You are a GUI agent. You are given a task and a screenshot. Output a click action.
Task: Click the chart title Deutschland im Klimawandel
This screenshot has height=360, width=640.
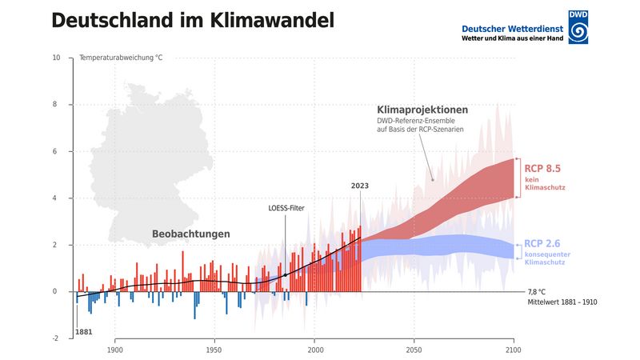pos(193,22)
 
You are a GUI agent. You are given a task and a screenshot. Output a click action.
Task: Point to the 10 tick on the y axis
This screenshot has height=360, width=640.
pos(55,58)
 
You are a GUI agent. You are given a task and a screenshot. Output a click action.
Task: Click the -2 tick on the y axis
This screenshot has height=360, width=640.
pos(55,338)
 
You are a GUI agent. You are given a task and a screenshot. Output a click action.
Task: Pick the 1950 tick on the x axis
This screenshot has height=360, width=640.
pos(214,350)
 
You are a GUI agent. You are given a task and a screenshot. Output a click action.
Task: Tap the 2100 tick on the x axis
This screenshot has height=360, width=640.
pos(514,350)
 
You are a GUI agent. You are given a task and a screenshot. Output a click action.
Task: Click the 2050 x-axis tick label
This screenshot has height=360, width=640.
pos(414,350)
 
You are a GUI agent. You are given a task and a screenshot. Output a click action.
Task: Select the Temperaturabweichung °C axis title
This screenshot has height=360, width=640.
pos(122,58)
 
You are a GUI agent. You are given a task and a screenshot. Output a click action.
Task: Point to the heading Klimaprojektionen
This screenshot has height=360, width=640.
pos(422,110)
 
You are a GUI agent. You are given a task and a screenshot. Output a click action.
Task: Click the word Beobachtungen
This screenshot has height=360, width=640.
pos(191,234)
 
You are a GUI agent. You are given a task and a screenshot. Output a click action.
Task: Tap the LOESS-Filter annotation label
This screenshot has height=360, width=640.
pos(286,209)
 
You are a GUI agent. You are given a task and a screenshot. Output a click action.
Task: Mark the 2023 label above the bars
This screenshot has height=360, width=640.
pos(360,186)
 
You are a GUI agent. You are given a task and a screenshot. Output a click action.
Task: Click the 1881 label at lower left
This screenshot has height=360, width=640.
pos(83,331)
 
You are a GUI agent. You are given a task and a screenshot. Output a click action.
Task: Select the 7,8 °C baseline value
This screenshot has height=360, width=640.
pos(537,292)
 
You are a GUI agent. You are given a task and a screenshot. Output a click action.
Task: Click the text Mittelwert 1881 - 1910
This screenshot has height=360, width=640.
pos(562,302)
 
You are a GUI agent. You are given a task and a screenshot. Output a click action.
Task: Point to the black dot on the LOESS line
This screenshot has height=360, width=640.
pos(285,274)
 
